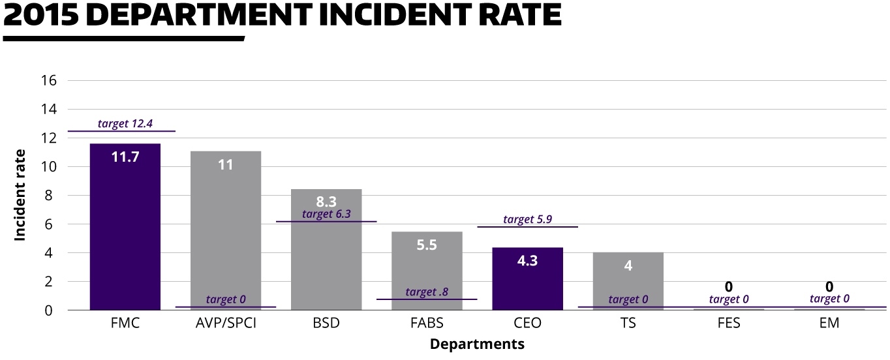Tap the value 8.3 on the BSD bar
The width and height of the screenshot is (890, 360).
326,202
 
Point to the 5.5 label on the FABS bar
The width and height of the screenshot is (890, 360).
427,245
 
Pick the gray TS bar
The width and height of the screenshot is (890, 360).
628,280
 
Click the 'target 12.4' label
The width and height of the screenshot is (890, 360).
125,123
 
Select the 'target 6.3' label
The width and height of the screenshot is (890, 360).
326,214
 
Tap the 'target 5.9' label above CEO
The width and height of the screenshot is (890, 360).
527,219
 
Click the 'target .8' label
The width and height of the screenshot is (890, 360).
427,292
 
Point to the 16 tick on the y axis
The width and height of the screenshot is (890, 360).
50,81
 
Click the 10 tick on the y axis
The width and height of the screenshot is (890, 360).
50,167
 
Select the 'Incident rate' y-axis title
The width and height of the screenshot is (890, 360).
20,195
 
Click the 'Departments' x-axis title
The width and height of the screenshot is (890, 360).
477,344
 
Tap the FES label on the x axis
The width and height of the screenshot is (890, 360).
728,323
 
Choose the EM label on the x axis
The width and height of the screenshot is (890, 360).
829,323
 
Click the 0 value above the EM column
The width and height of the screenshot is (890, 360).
829,286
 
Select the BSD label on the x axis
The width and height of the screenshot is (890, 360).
326,323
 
